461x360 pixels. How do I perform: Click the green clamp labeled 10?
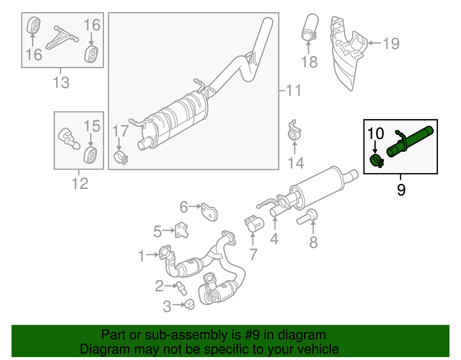click(376, 160)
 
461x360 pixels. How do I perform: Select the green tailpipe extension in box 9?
click(411, 141)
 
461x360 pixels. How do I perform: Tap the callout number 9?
click(401, 190)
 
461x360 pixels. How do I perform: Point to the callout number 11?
click(294, 91)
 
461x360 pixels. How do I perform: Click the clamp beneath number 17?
click(120, 157)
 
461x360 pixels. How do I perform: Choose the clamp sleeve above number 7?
click(254, 223)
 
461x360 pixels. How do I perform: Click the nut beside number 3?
click(189, 304)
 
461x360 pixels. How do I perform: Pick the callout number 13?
click(61, 83)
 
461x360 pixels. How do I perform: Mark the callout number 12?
click(80, 184)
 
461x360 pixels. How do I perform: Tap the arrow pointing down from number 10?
click(375, 147)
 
